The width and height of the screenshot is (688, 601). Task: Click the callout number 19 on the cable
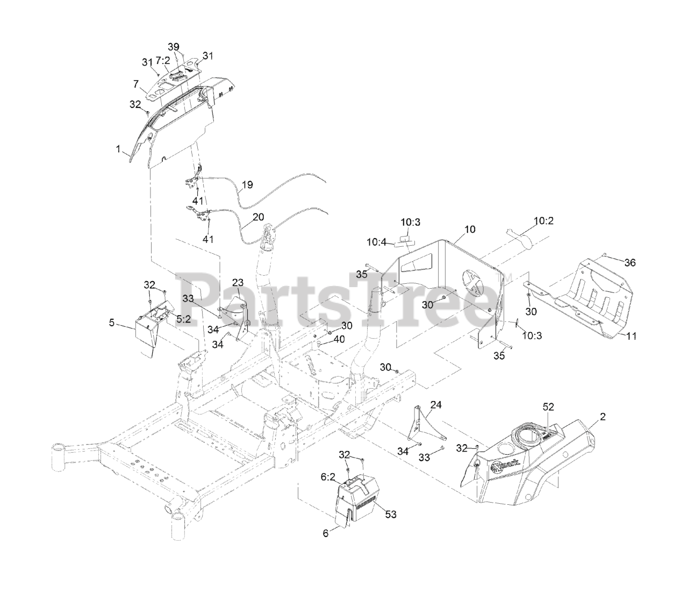[247, 185]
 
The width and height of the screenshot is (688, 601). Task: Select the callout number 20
[258, 217]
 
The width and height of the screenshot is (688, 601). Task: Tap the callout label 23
[238, 282]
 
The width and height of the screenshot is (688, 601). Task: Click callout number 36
[630, 262]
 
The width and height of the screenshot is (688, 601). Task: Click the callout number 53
[390, 514]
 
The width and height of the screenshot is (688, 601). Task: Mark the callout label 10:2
[543, 220]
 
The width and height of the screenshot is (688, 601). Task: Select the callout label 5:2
[184, 318]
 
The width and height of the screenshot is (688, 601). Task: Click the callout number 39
[173, 47]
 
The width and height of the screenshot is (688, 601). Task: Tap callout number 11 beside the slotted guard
[631, 336]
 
